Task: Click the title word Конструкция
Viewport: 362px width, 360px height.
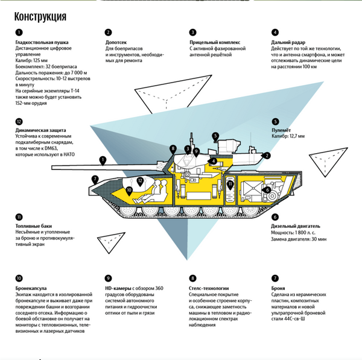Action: point(40,15)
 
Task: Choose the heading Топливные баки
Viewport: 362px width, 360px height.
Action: point(35,226)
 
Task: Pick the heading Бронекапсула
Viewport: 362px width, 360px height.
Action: point(31,288)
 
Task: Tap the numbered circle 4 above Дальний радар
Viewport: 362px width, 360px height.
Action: point(275,32)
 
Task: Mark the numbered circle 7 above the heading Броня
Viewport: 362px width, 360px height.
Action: point(275,279)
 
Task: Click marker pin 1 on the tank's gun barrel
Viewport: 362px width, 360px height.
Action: point(103,160)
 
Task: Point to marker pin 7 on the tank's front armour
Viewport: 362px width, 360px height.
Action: point(95,178)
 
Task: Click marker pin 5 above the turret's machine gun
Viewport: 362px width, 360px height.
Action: point(215,136)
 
